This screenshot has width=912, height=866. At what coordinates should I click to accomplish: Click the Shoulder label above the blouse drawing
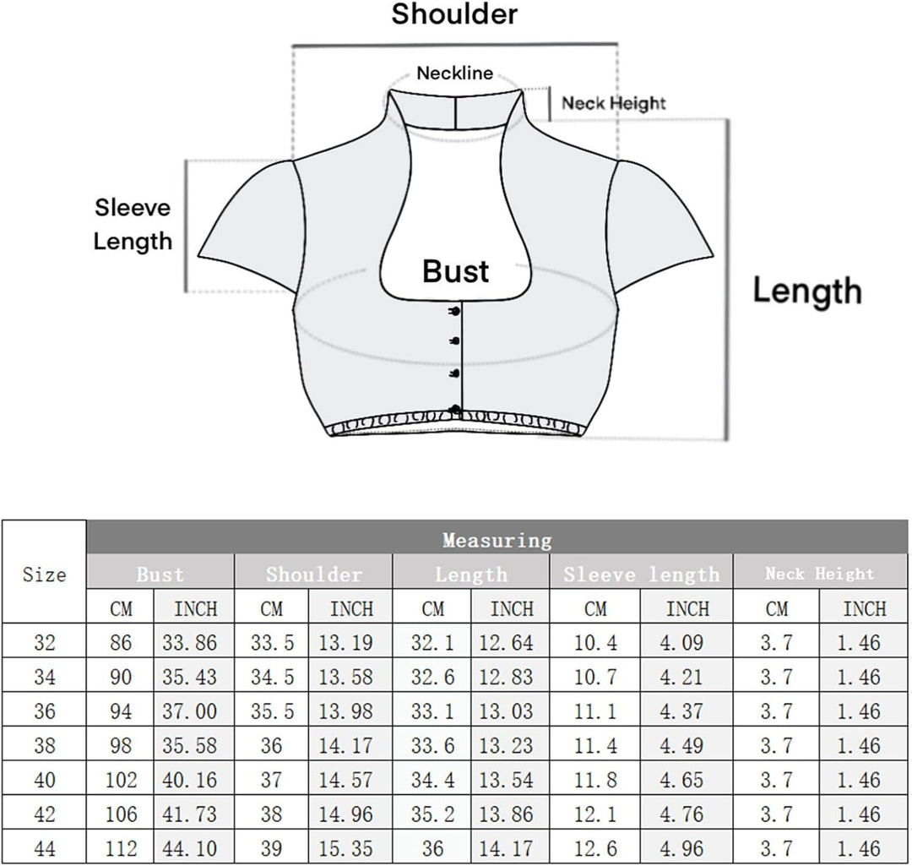(x=454, y=14)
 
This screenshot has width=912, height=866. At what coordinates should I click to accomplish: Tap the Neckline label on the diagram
(x=455, y=74)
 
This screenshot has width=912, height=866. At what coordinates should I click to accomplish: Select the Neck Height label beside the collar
(x=614, y=104)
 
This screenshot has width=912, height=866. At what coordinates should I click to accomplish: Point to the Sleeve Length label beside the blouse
(x=133, y=224)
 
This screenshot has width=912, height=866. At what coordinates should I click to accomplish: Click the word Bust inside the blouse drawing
(x=455, y=271)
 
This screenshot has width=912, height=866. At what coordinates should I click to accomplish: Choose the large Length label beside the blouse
(x=807, y=291)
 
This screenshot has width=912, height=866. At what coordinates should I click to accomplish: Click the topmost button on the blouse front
(x=455, y=312)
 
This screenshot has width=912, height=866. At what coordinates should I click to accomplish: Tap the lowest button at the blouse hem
(x=455, y=410)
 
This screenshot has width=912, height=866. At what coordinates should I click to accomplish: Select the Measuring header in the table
(x=497, y=540)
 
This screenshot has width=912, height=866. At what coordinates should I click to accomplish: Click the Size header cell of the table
(x=44, y=575)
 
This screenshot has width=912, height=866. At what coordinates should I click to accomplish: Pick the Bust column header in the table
(x=160, y=575)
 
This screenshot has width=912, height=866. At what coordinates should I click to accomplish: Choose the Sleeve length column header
(x=642, y=575)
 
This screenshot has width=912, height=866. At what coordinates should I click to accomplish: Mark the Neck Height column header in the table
(x=820, y=574)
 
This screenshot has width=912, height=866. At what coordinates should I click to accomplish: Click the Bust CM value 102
(x=121, y=780)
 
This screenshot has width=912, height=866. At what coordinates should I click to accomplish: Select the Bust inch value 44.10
(x=190, y=848)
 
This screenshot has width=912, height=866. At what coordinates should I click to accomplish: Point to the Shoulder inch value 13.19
(x=345, y=642)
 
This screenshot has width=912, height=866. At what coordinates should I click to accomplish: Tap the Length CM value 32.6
(x=432, y=677)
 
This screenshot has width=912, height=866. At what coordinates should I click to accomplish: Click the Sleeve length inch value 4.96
(x=681, y=848)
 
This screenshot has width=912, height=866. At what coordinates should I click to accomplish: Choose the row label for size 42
(x=45, y=814)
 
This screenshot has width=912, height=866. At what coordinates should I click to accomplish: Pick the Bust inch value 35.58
(x=190, y=745)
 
